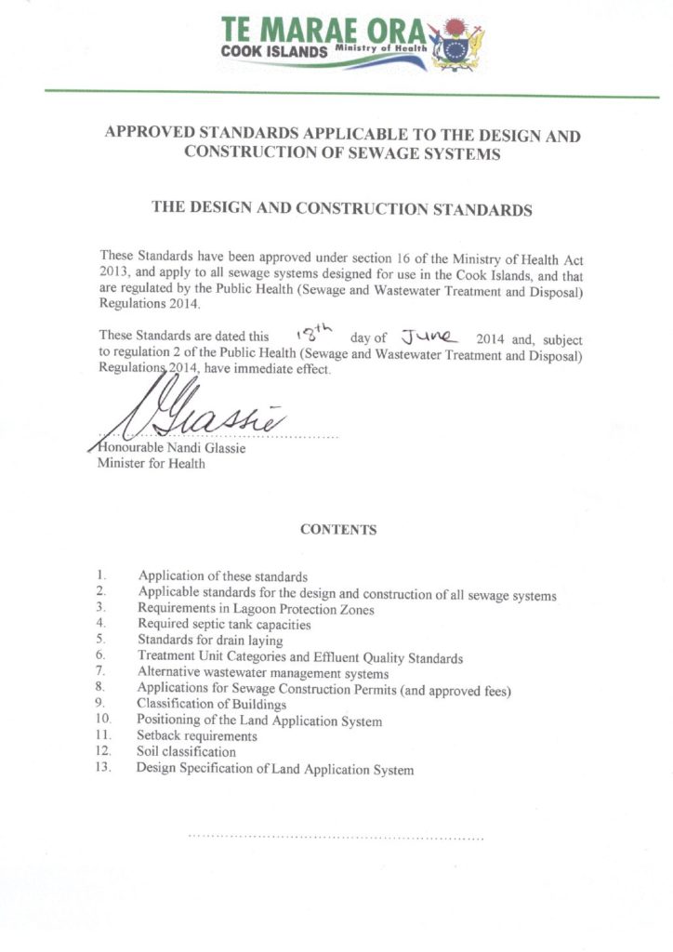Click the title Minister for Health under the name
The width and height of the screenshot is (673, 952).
tap(152, 464)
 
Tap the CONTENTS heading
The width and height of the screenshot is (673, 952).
tap(338, 530)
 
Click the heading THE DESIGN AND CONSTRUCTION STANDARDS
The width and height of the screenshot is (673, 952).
tap(342, 209)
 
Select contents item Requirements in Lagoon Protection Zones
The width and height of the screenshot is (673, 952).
tap(256, 610)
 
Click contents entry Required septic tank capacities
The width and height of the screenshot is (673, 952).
tap(224, 626)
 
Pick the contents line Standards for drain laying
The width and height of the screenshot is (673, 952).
tap(210, 641)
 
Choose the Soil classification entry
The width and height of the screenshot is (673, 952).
tap(186, 752)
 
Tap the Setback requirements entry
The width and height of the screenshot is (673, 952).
tap(197, 736)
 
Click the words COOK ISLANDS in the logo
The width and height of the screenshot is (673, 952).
tap(274, 52)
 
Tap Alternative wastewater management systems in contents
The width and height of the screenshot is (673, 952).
tap(263, 673)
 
